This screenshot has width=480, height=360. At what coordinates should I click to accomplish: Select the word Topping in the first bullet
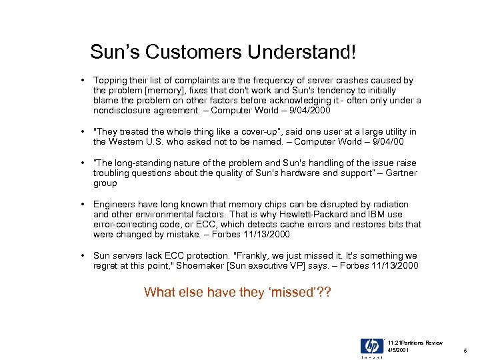pyautogui.click(x=109, y=80)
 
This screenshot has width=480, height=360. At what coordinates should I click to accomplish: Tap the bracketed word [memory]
pyautogui.click(x=151, y=90)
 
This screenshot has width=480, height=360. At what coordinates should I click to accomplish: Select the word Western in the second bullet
pyautogui.click(x=128, y=141)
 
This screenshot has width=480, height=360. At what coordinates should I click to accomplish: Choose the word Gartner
pyautogui.click(x=401, y=173)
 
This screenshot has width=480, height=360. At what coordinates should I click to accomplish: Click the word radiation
pyautogui.click(x=388, y=204)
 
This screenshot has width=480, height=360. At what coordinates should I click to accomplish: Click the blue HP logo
pyautogui.click(x=371, y=346)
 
